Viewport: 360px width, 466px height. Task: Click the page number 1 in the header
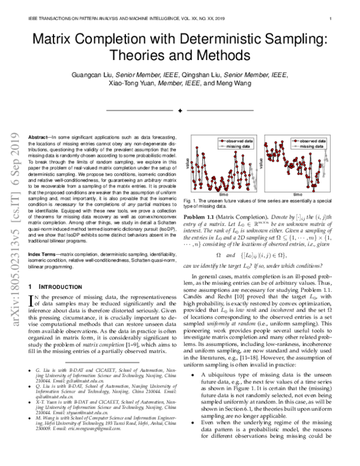click(331, 19)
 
